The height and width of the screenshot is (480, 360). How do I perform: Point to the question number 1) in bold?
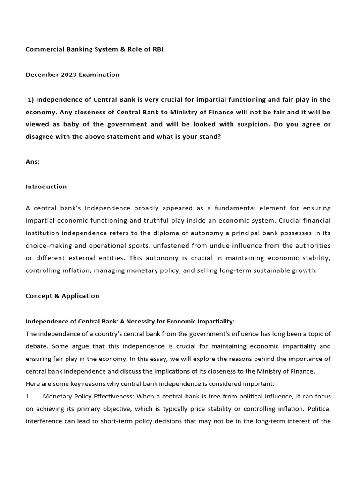pyautogui.click(x=31, y=99)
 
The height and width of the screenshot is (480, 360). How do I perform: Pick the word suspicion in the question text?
pyautogui.click(x=264, y=124)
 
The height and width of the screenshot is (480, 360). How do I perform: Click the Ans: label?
pyautogui.click(x=33, y=162)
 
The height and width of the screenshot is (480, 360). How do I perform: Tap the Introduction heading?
pyautogui.click(x=46, y=187)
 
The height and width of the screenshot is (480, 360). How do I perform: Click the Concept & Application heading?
pyautogui.click(x=62, y=296)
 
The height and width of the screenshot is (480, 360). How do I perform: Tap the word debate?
pyautogui.click(x=37, y=346)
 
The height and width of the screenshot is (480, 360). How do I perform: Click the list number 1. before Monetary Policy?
pyautogui.click(x=28, y=397)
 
